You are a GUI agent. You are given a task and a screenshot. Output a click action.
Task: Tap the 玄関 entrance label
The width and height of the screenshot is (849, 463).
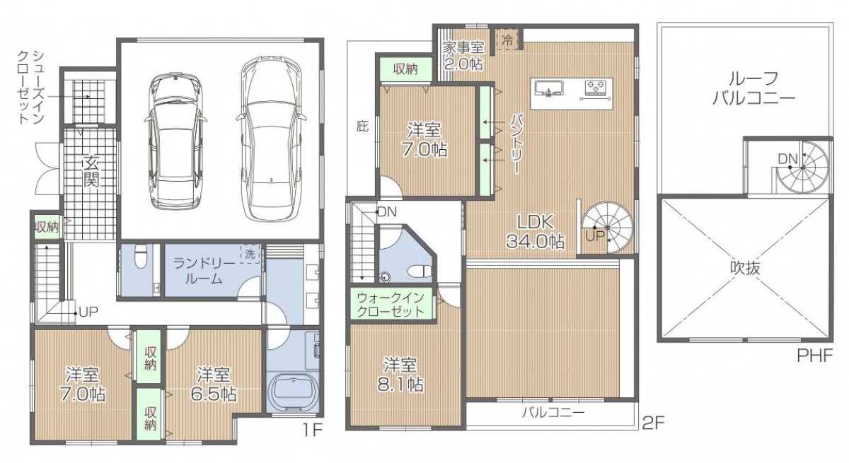(91, 171)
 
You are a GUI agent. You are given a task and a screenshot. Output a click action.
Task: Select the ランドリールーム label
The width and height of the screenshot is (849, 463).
(204, 271)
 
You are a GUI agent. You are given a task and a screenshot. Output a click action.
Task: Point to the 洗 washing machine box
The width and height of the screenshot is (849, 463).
(250, 254)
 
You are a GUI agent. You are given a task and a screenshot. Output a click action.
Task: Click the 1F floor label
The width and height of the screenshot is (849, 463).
(312, 430)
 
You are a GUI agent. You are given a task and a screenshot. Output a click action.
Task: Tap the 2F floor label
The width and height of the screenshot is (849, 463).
(654, 423)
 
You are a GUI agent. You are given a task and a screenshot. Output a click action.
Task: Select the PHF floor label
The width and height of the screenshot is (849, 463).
(815, 356)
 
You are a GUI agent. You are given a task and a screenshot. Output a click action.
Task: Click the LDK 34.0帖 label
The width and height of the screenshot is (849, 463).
(536, 231)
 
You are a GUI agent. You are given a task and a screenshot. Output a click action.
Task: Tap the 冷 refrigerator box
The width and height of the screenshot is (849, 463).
(507, 40)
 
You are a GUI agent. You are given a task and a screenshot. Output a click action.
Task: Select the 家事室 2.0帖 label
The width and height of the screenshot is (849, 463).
(463, 56)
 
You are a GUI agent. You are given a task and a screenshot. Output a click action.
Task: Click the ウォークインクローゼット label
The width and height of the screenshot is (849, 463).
(391, 305)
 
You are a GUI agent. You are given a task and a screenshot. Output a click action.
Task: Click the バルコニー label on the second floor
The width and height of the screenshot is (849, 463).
(553, 412)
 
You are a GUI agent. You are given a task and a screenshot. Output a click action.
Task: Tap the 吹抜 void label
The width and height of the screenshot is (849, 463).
(745, 268)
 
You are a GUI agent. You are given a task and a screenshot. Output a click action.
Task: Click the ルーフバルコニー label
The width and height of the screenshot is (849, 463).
(754, 88)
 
